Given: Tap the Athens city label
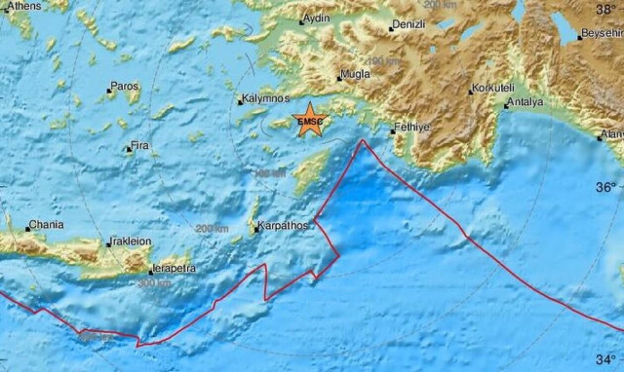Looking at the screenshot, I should (x=23, y=6).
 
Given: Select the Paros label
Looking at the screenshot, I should (x=125, y=87).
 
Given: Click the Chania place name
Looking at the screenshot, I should (x=45, y=225).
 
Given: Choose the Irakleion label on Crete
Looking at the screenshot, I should (x=132, y=242).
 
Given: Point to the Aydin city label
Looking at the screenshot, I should (x=317, y=19).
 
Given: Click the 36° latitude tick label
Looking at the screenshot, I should (x=605, y=185).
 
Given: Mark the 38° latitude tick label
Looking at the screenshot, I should (x=605, y=9).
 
